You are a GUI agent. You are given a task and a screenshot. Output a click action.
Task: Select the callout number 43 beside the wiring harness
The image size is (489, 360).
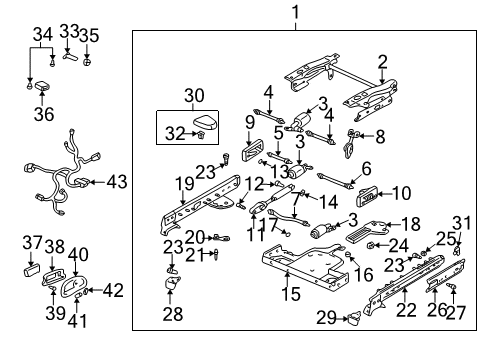(x=117, y=182)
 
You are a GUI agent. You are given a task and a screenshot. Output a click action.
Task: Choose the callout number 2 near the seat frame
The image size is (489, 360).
(x=381, y=62)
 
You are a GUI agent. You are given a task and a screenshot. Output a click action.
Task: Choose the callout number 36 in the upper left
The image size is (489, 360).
(x=41, y=115)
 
